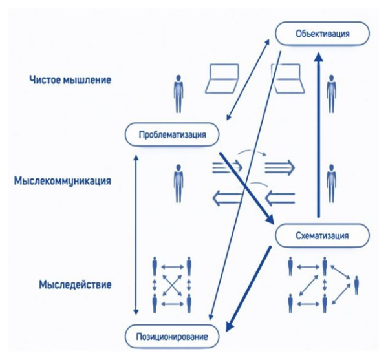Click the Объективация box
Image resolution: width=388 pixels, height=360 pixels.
322,33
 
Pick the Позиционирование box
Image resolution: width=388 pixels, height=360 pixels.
172,337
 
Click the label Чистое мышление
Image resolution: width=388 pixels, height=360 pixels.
70,80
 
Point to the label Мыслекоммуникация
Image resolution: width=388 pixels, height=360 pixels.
62,182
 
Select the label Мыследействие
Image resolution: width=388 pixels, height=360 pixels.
75,284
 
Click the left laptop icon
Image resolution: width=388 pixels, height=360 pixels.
222,80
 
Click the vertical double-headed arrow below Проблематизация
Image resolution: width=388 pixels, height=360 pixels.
135,233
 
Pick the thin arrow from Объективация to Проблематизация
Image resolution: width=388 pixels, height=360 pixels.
249,78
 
